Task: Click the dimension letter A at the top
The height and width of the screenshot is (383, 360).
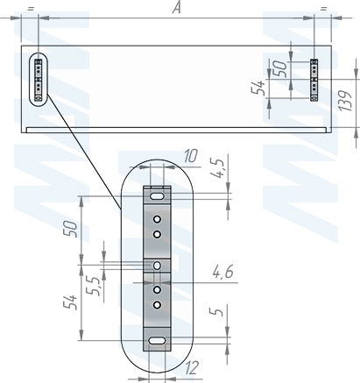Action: (x=176, y=8)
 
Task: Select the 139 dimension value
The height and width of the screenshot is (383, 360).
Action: (x=346, y=101)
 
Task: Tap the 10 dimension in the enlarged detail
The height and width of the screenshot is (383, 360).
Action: (x=191, y=156)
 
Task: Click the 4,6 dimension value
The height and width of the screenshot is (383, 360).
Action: (x=222, y=273)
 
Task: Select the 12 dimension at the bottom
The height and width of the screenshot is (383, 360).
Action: (x=191, y=367)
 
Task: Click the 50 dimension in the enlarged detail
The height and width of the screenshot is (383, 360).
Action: (x=71, y=230)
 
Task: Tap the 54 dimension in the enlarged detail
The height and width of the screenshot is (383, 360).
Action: (x=70, y=302)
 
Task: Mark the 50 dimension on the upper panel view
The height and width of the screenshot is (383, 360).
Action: (x=281, y=69)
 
